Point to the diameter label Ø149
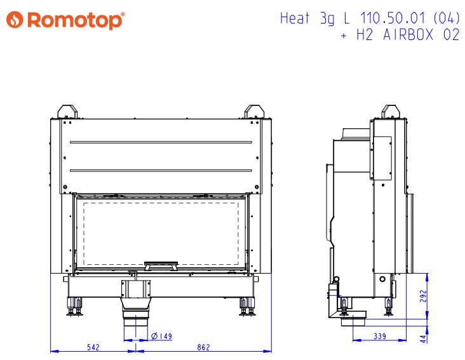(x=161, y=336)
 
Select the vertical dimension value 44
(x=424, y=338)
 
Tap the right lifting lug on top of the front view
(x=253, y=111)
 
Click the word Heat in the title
(x=295, y=18)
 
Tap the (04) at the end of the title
(x=446, y=18)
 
